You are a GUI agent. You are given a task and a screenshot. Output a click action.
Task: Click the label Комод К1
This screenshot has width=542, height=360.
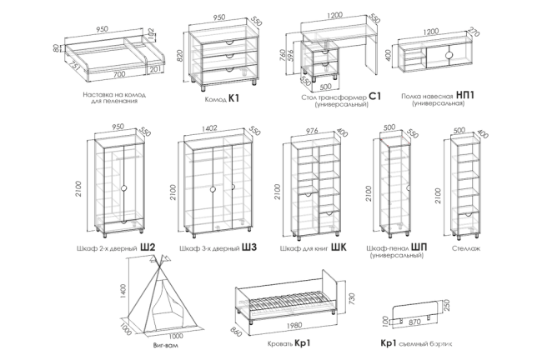tap(222, 98)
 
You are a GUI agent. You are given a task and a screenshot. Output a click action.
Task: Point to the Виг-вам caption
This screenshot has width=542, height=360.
tap(167, 343)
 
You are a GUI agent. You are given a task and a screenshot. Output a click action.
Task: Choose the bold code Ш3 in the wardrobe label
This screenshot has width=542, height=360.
tap(248, 247)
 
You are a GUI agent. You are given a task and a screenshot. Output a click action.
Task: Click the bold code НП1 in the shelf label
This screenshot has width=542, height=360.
tap(466, 96)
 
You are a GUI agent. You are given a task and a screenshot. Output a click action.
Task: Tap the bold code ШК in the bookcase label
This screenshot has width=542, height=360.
tap(338, 247)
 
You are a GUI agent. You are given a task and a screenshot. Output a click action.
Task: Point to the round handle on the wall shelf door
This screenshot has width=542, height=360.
tap(449, 56)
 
